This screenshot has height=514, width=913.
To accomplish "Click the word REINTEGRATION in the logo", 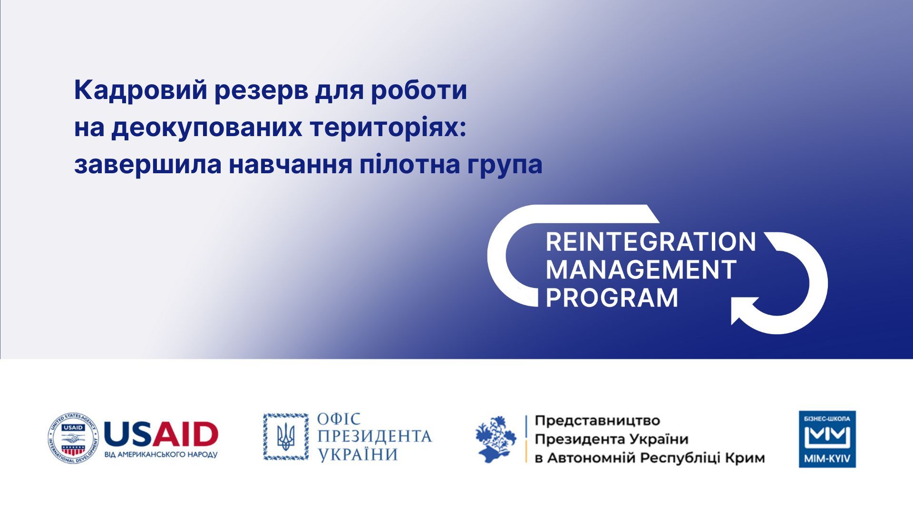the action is pos(651,242).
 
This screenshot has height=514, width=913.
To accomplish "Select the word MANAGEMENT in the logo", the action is pos(641,270).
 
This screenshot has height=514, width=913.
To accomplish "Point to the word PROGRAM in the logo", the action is pos(612,298).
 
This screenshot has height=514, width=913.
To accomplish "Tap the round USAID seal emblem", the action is pos(72,438).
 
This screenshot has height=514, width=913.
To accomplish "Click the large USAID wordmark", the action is pos(161,434).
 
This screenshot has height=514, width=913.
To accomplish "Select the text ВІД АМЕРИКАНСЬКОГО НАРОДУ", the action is pos(161,455).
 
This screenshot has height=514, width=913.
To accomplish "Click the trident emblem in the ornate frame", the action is pos(286,437).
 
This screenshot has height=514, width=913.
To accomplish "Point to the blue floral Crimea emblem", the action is pos(496,439).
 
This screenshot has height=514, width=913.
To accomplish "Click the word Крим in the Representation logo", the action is pos(745,458).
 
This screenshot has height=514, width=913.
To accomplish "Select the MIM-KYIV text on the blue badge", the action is pos(827,460).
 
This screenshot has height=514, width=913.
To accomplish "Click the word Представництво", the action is pos(598,421).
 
